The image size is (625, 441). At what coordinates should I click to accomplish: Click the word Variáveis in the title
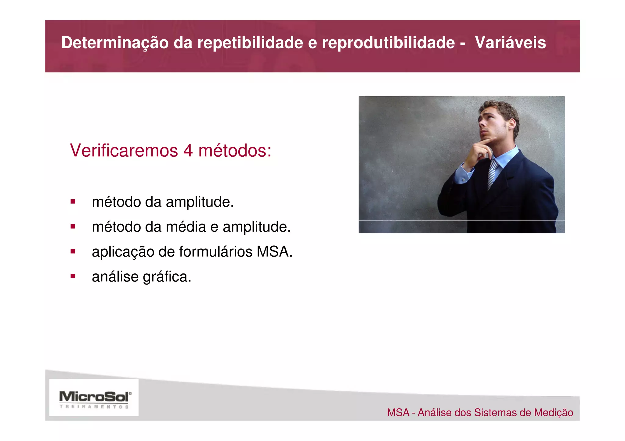click(510, 42)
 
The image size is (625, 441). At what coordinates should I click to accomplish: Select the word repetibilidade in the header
click(250, 42)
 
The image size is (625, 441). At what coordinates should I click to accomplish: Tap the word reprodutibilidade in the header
click(388, 42)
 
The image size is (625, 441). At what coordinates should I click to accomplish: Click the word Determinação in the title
click(115, 42)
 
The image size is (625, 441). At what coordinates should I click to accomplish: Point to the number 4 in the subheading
click(188, 151)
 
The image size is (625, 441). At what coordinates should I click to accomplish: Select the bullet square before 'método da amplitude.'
click(73, 201)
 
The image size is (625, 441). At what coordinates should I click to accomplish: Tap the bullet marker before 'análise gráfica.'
click(73, 276)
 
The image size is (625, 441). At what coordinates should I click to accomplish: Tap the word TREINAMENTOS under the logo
click(94, 407)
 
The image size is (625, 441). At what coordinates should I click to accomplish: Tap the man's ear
click(512, 123)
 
